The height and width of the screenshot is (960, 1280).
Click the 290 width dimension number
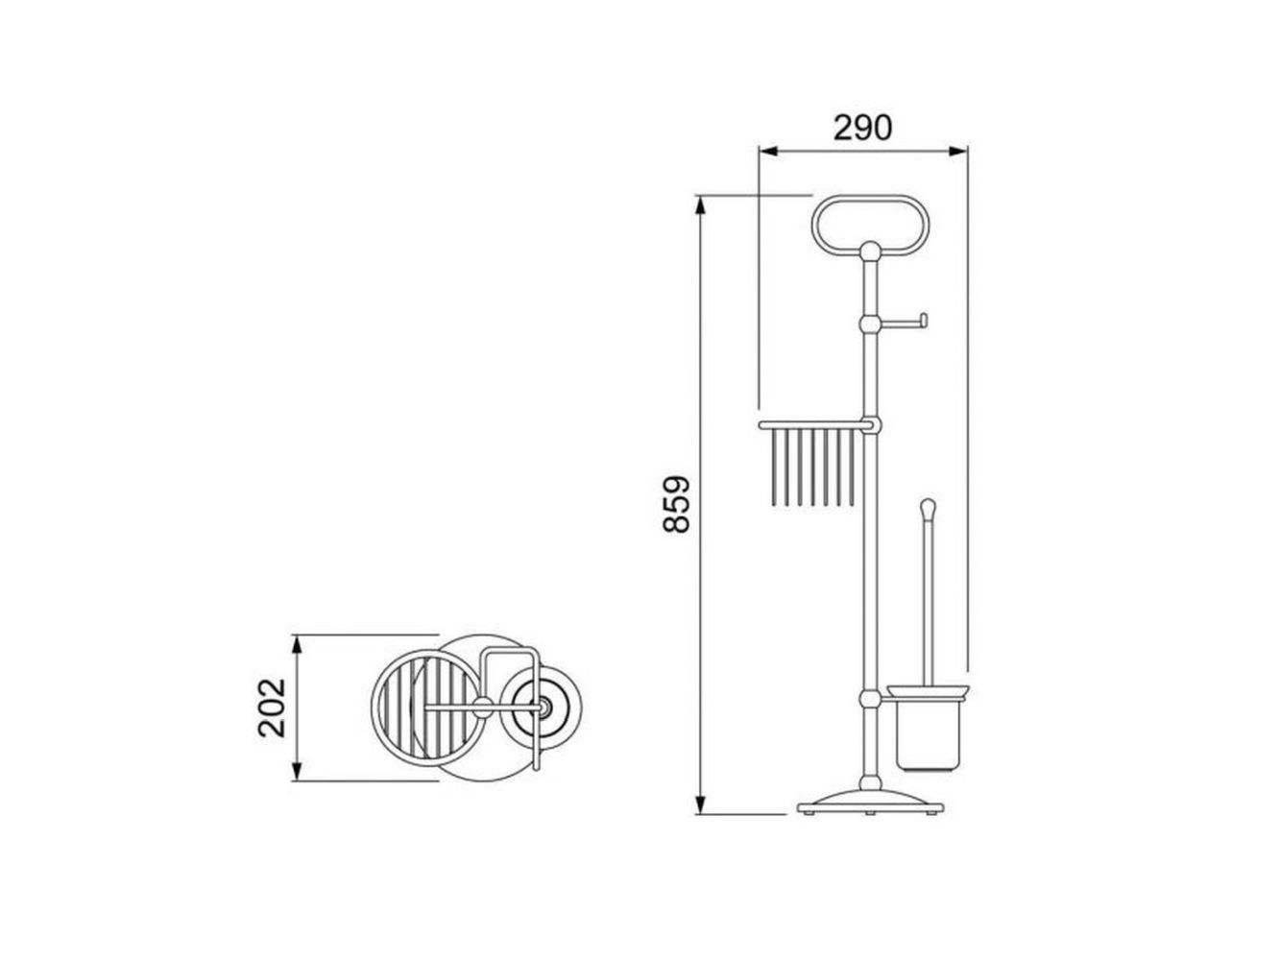click(x=862, y=128)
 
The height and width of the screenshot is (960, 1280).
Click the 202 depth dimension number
click(x=272, y=708)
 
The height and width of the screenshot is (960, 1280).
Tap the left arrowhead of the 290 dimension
click(x=768, y=152)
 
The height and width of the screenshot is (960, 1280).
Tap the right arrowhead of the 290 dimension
click(x=958, y=152)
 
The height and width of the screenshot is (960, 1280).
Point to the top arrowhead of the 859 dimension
click(x=700, y=205)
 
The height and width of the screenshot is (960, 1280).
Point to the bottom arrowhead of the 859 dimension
click(x=700, y=804)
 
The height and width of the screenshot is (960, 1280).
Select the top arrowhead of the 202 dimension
click(x=297, y=645)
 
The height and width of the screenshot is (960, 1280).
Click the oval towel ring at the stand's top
click(x=871, y=197)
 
